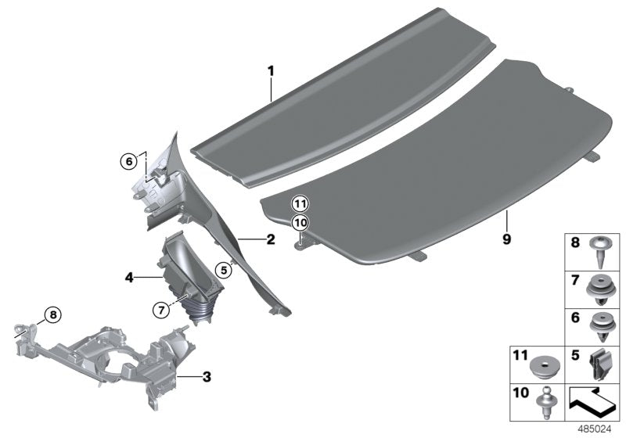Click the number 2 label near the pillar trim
271,240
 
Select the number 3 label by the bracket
207,378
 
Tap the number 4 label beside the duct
130,276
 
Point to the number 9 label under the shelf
506,240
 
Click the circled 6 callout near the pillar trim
128,162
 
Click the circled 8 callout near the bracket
51,315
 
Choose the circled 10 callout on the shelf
300,222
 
